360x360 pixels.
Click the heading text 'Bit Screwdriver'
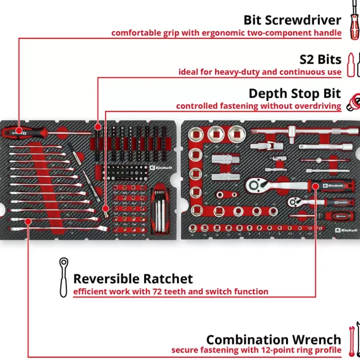(292, 20)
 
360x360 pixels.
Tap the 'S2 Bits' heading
(320, 60)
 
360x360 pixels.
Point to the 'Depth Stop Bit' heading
(295, 94)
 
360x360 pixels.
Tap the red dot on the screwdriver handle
(19, 131)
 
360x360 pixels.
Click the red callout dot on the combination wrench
(28, 220)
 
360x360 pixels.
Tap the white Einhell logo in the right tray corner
(347, 231)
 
